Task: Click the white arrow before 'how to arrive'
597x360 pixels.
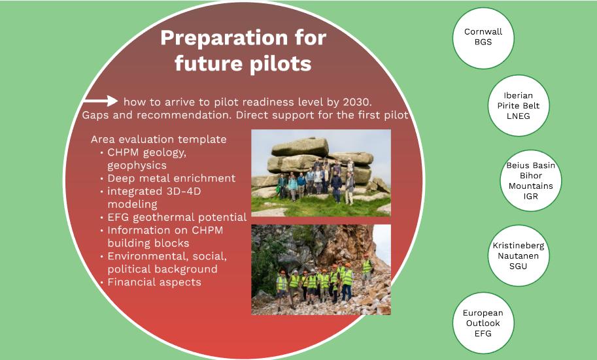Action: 100,101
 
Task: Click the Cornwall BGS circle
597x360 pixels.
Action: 483,37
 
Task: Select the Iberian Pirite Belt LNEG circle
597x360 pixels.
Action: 518,106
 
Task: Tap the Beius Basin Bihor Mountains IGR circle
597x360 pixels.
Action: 530,181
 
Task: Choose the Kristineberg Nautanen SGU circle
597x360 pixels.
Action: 518,255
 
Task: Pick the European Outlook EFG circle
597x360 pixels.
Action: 483,323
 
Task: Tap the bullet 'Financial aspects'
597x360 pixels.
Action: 154,282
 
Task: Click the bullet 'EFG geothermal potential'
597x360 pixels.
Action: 177,218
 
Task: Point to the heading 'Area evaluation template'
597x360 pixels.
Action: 159,140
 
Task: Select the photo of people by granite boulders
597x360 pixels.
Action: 320,172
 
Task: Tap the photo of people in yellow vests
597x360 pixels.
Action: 320,269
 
